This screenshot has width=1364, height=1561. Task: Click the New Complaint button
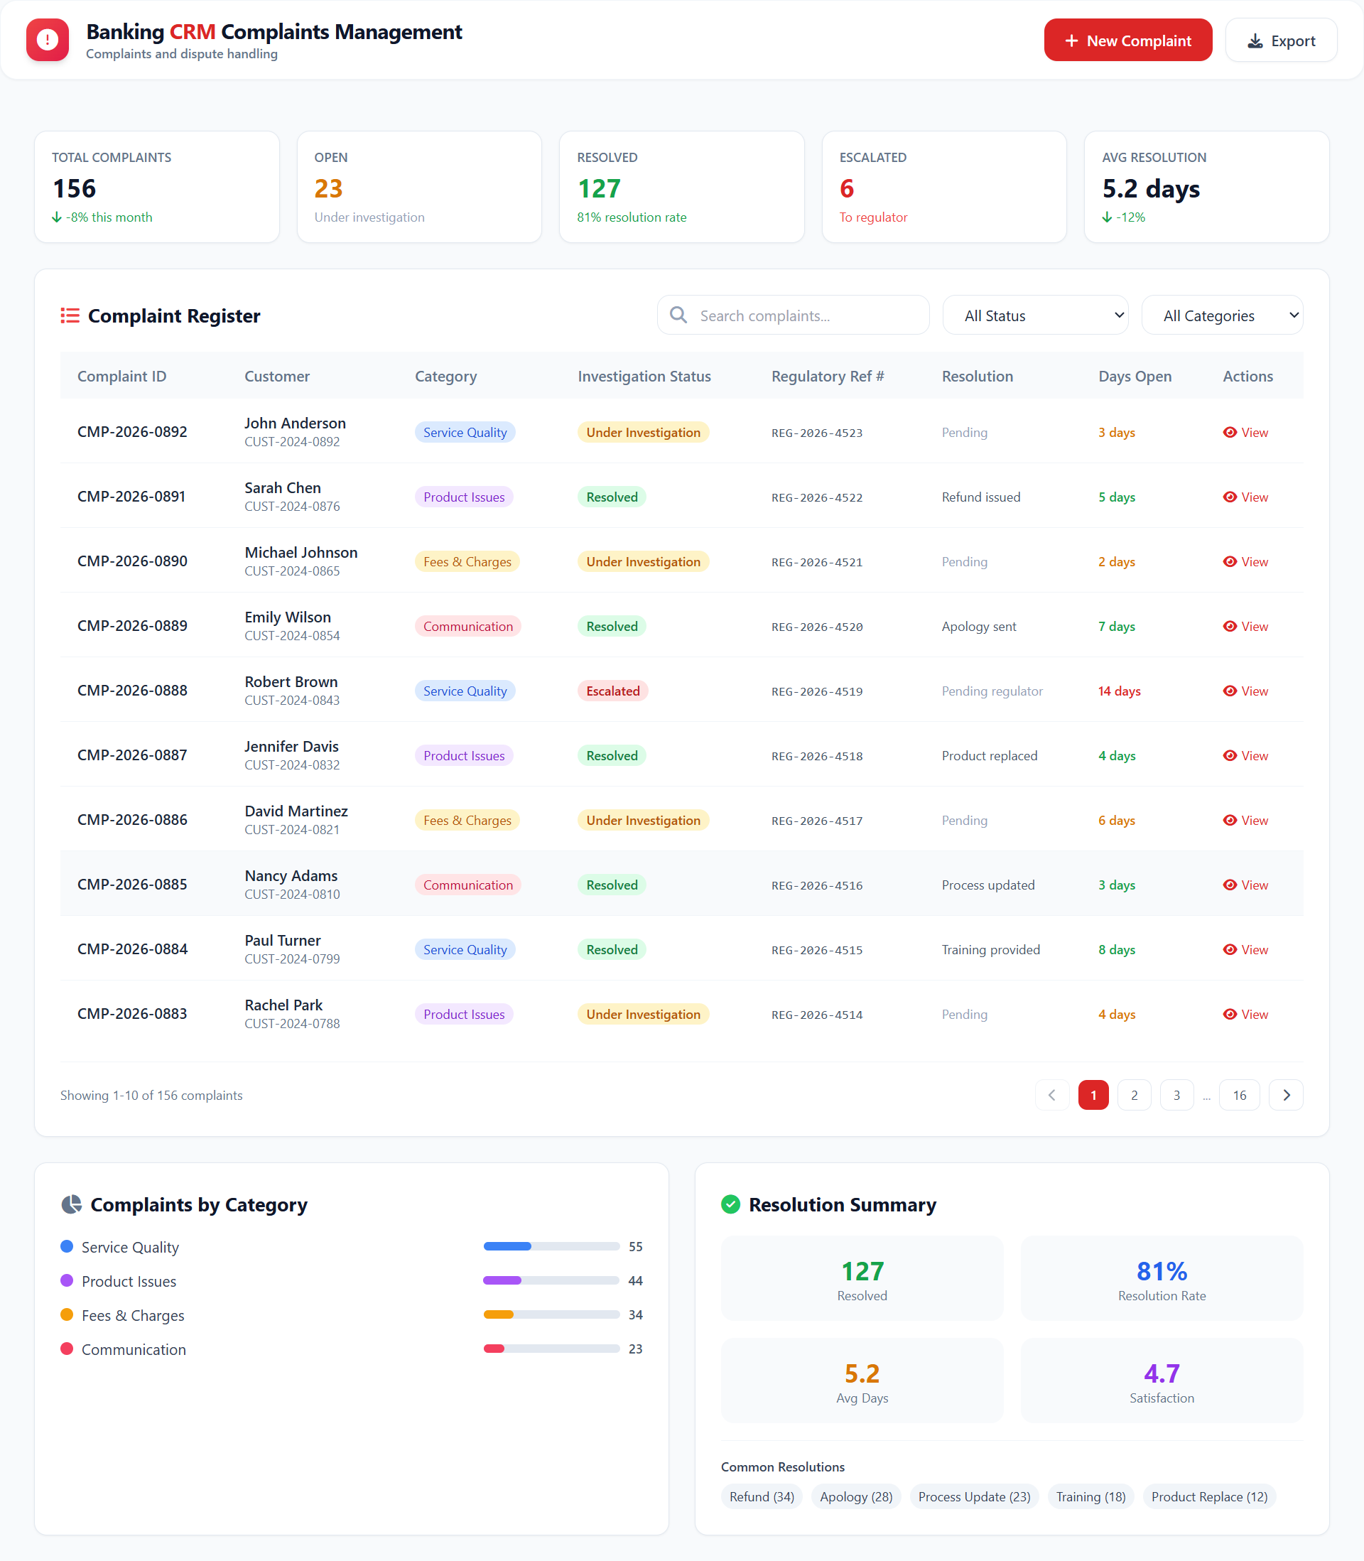1127,40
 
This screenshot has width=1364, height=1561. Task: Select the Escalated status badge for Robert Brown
612,691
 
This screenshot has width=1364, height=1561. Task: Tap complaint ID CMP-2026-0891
131,497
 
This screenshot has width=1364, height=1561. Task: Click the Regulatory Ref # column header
828,377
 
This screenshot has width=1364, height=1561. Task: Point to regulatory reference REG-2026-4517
817,821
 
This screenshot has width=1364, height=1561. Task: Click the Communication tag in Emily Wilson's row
467,627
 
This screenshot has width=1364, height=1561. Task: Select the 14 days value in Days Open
1119,691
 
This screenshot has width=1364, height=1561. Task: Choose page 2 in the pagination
1134,1095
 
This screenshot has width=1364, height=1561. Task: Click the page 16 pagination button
1239,1095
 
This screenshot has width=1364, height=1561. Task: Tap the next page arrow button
1286,1095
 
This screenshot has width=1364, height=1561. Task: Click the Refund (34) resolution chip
761,1496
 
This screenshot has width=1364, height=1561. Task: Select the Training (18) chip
1090,1496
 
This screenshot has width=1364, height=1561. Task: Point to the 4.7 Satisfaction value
1162,1373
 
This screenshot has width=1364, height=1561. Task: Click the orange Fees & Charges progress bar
551,1314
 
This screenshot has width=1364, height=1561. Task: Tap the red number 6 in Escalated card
846,189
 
